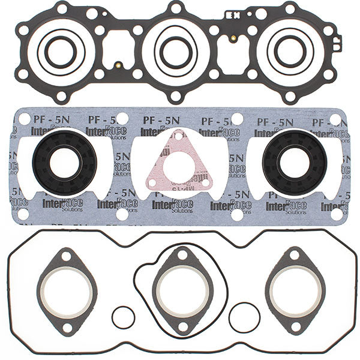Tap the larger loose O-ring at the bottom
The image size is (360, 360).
(244, 317)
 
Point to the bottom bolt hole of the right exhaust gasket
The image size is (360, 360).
(295, 327)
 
